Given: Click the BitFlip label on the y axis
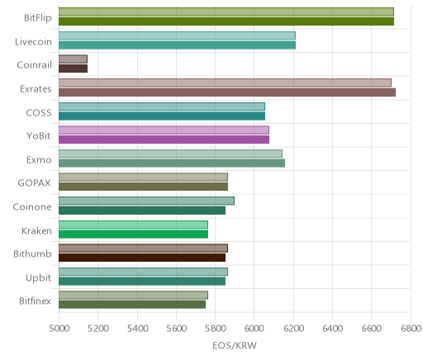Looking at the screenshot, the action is pyautogui.click(x=38, y=17).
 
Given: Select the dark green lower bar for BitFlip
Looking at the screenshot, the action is pyautogui.click(x=226, y=21).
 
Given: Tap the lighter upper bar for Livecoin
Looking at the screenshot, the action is pyautogui.click(x=177, y=36).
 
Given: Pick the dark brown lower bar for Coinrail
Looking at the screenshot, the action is pyautogui.click(x=73, y=69).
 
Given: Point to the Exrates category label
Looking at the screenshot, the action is pyautogui.click(x=36, y=89).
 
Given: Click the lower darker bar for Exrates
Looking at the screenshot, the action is pyautogui.click(x=227, y=92).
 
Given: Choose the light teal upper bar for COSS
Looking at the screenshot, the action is pyautogui.click(x=162, y=107).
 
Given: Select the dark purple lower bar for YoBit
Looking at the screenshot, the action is pyautogui.click(x=164, y=140).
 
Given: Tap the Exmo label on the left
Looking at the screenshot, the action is pyautogui.click(x=39, y=160).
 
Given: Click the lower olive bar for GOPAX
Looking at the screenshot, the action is pyautogui.click(x=143, y=187).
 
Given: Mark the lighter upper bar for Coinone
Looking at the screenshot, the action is pyautogui.click(x=146, y=201).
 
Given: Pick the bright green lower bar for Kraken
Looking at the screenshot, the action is pyautogui.click(x=133, y=234).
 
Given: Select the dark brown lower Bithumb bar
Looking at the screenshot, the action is pyautogui.click(x=142, y=258).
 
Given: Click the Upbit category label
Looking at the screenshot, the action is pyautogui.click(x=38, y=278).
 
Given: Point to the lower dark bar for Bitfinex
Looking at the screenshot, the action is pyautogui.click(x=132, y=305).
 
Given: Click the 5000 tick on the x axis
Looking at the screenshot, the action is pyautogui.click(x=59, y=329).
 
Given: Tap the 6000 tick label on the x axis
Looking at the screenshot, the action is pyautogui.click(x=254, y=329).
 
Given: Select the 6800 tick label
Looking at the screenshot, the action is pyautogui.click(x=411, y=329).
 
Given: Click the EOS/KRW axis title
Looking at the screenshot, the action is pyautogui.click(x=235, y=345).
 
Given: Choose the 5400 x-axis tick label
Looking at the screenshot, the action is pyautogui.click(x=137, y=329).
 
